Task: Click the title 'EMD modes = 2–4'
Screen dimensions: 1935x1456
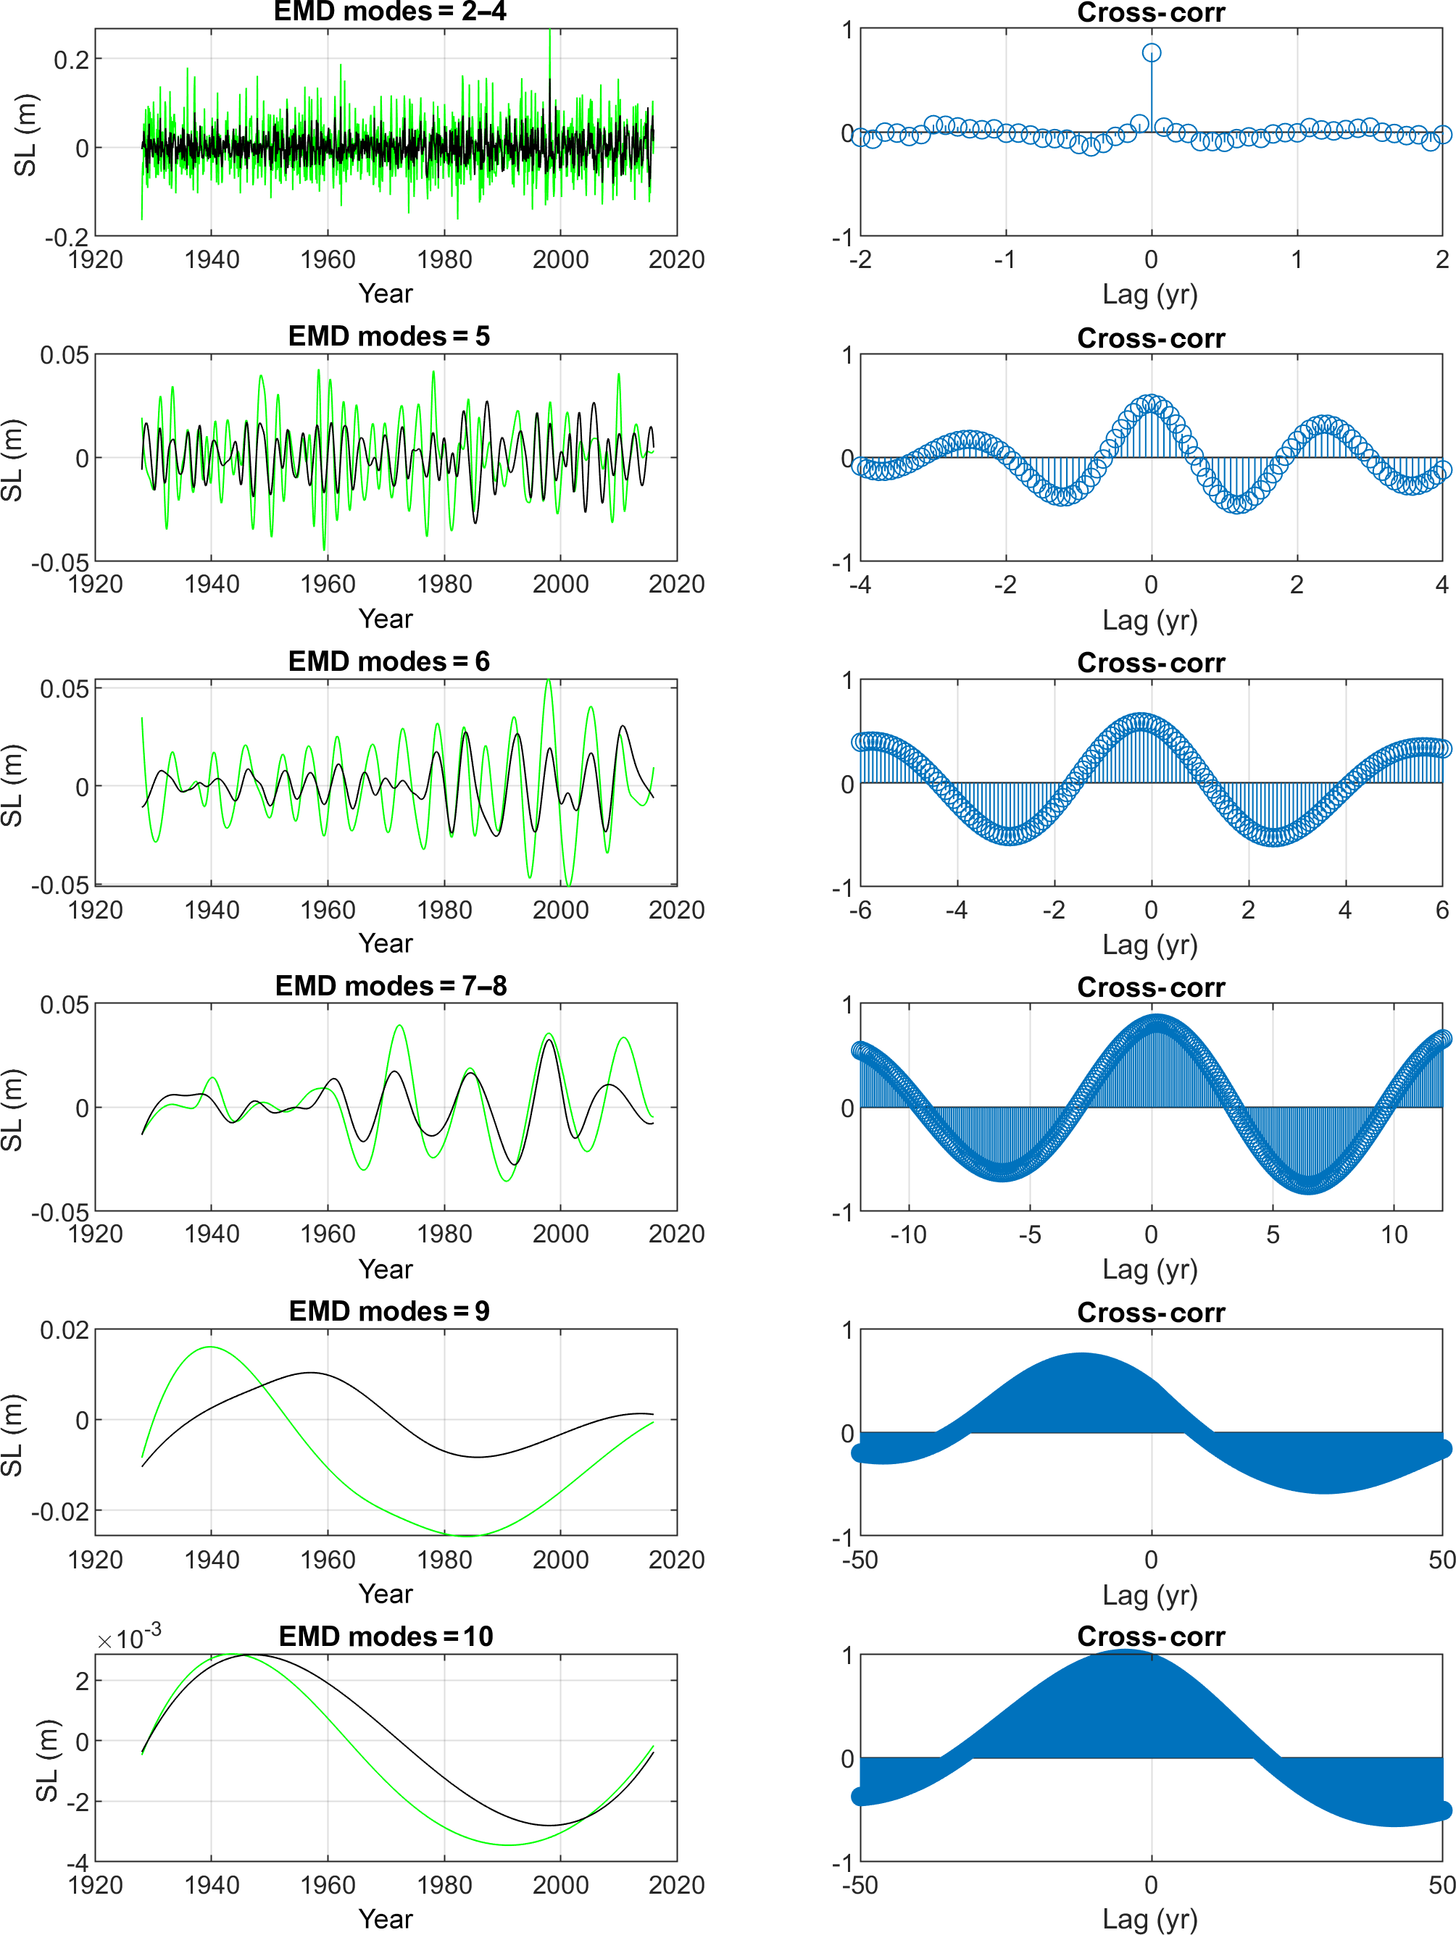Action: coord(389,12)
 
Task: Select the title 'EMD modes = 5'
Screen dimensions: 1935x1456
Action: coord(389,337)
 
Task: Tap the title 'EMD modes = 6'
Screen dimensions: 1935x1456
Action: coord(389,661)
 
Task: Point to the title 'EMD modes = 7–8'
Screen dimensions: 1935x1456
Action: coord(390,986)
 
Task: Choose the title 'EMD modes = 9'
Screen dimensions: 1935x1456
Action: coord(389,1311)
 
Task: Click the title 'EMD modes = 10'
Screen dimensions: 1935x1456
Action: coord(386,1636)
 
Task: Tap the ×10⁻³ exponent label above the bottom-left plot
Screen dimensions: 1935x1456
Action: coord(128,1637)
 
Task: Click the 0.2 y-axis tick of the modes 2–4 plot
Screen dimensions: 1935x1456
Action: coord(72,60)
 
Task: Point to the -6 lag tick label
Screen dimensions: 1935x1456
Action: coord(860,911)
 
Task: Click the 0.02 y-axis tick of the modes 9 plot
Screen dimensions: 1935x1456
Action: coord(65,1331)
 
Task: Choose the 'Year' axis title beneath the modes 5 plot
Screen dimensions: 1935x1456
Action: coord(385,619)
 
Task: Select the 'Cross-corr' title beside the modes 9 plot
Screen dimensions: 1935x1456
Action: coord(1151,1312)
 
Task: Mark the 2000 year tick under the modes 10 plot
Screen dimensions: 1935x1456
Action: coord(560,1885)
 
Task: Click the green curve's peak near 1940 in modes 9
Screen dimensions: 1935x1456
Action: coord(210,1347)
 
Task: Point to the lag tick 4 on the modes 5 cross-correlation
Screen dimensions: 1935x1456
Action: coord(1441,585)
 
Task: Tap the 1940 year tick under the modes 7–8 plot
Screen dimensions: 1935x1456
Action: coord(211,1235)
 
